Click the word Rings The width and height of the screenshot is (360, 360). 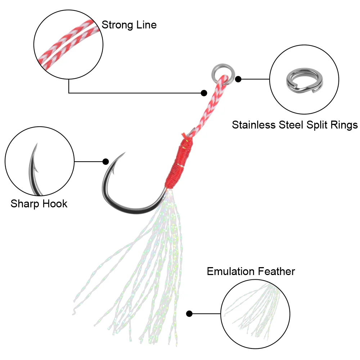click(x=345, y=125)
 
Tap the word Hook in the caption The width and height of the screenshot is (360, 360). click(x=55, y=204)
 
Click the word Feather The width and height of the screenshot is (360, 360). click(x=277, y=271)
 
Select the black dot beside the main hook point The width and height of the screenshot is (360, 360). click(x=105, y=162)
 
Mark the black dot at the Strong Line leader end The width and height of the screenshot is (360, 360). click(x=204, y=93)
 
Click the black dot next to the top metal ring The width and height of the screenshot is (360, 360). click(x=238, y=79)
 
